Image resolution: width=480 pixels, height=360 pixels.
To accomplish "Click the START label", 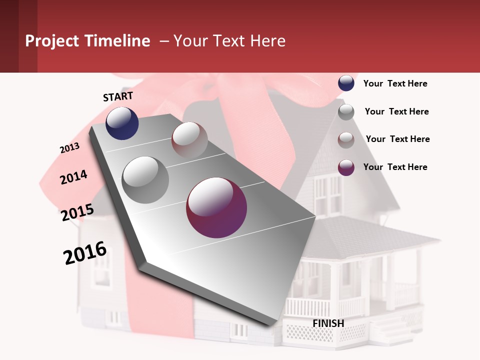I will coord(118,96).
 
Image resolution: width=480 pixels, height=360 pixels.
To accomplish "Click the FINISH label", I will coord(328,323).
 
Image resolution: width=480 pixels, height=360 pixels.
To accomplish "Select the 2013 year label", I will coord(69,148).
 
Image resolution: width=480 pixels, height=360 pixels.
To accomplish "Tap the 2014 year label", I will coord(73,177).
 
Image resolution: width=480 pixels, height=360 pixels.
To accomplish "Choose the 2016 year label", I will coord(85,252).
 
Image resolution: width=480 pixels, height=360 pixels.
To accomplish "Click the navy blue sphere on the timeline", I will coord(122,123).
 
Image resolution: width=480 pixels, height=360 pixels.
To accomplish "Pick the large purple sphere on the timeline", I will coord(216,207).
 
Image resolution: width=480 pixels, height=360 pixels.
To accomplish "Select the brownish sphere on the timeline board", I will coord(189,139).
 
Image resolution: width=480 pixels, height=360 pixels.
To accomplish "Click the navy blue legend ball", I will coord(346,83).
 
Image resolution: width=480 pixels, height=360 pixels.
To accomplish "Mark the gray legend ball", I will coord(346,111).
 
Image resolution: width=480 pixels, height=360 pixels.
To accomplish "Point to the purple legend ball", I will coord(346,167).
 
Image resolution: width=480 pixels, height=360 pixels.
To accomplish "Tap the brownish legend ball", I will coord(346,139).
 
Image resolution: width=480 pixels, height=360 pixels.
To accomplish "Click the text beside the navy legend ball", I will coord(395,83).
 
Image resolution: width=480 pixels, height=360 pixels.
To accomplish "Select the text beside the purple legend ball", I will coord(395,167).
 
